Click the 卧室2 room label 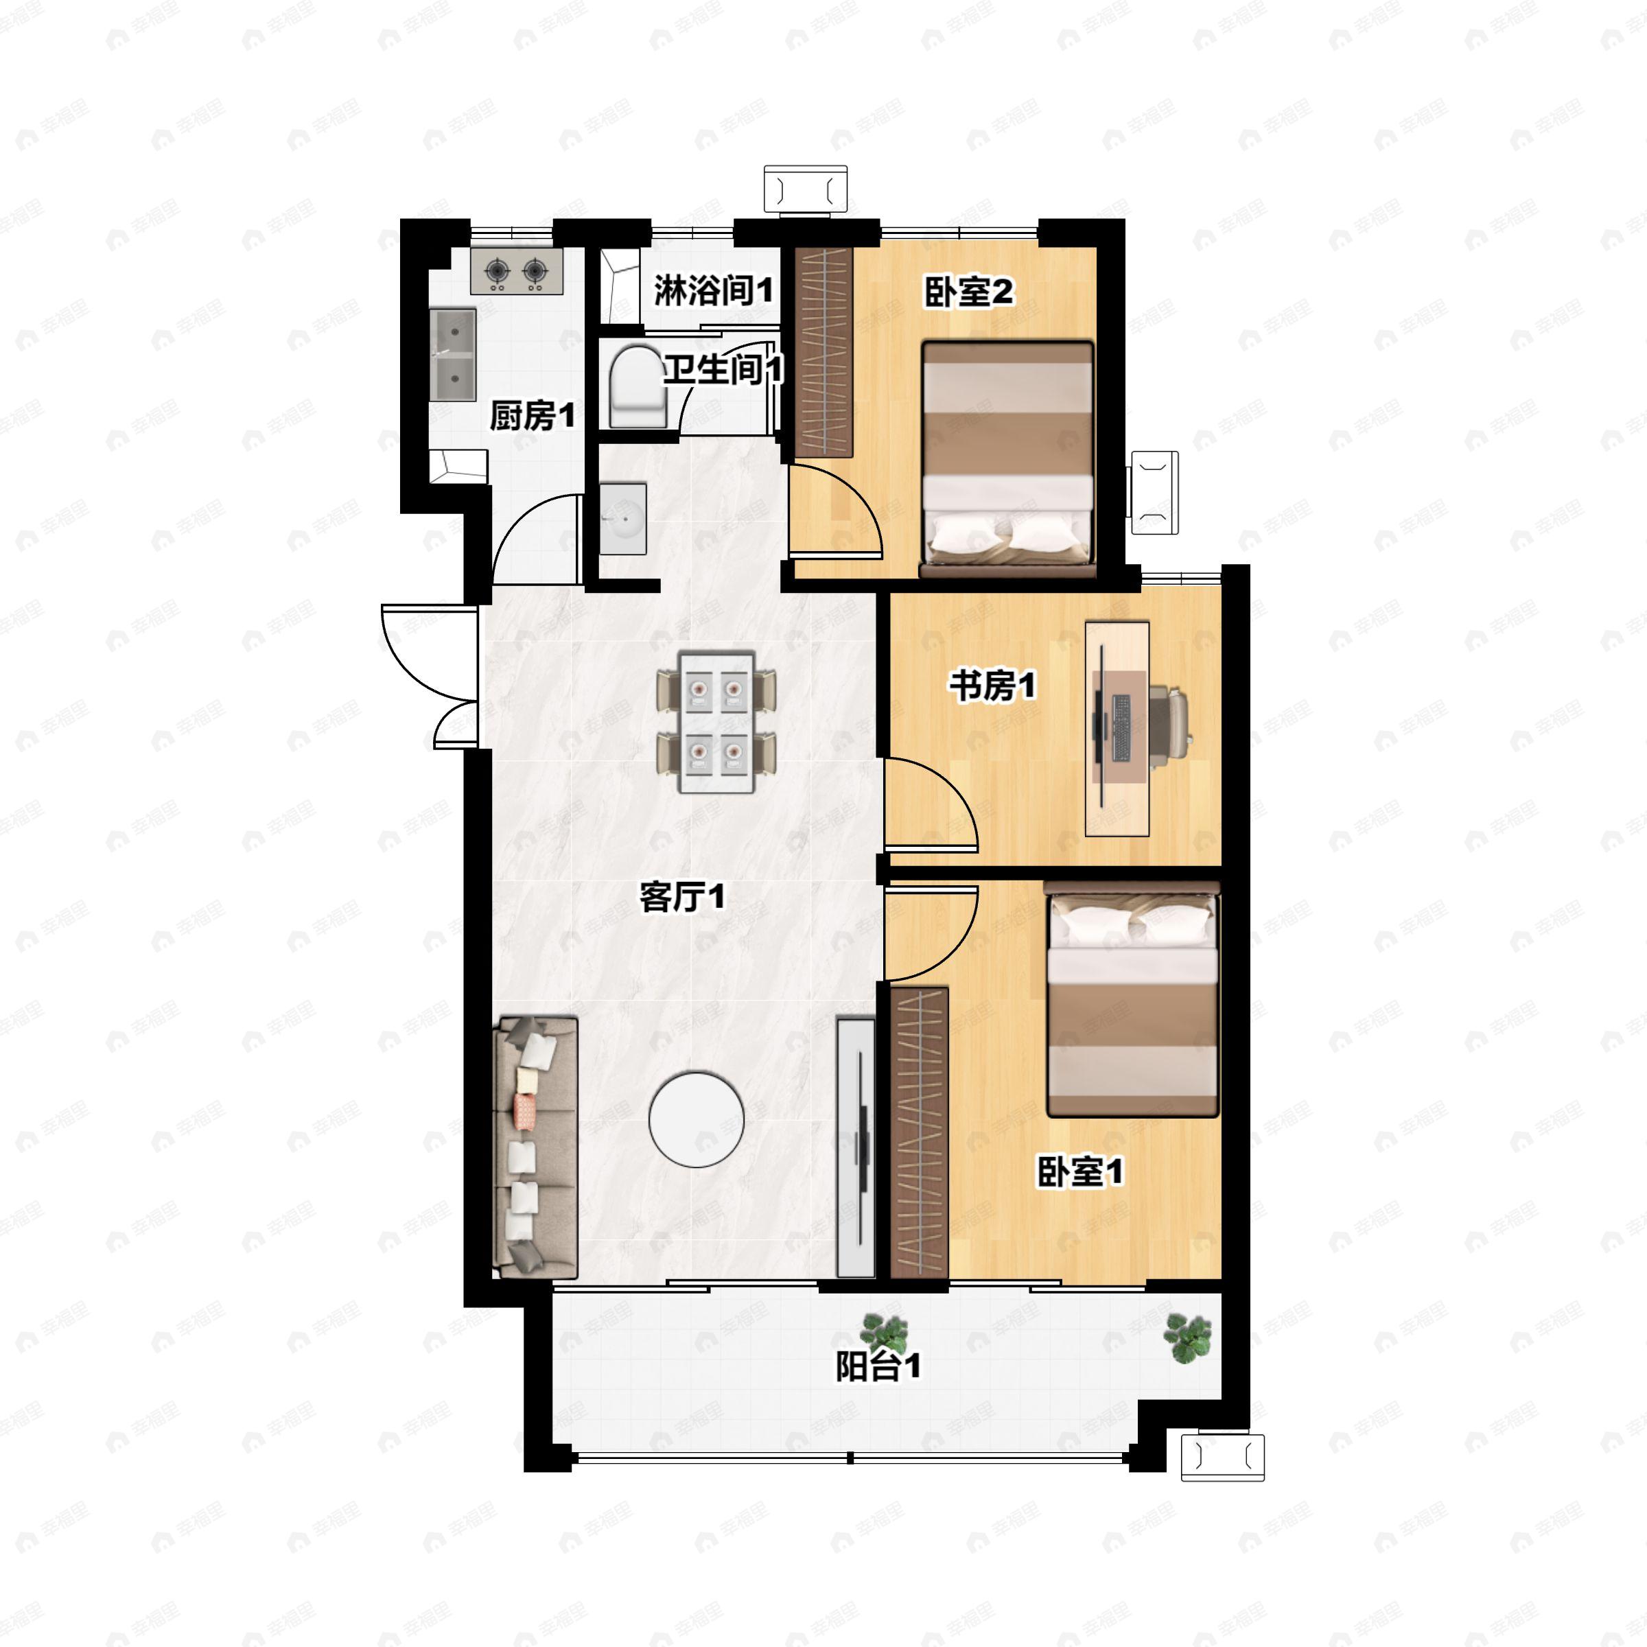click(969, 292)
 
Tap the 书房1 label click(993, 685)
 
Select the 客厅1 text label click(683, 897)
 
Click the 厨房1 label click(532, 416)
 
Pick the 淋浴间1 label click(714, 292)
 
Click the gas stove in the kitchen click(516, 271)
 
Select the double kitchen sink click(453, 354)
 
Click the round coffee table click(697, 1119)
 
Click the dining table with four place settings click(716, 722)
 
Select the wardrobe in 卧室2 click(824, 352)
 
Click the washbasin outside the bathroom click(623, 518)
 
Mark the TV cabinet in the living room click(856, 1147)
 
